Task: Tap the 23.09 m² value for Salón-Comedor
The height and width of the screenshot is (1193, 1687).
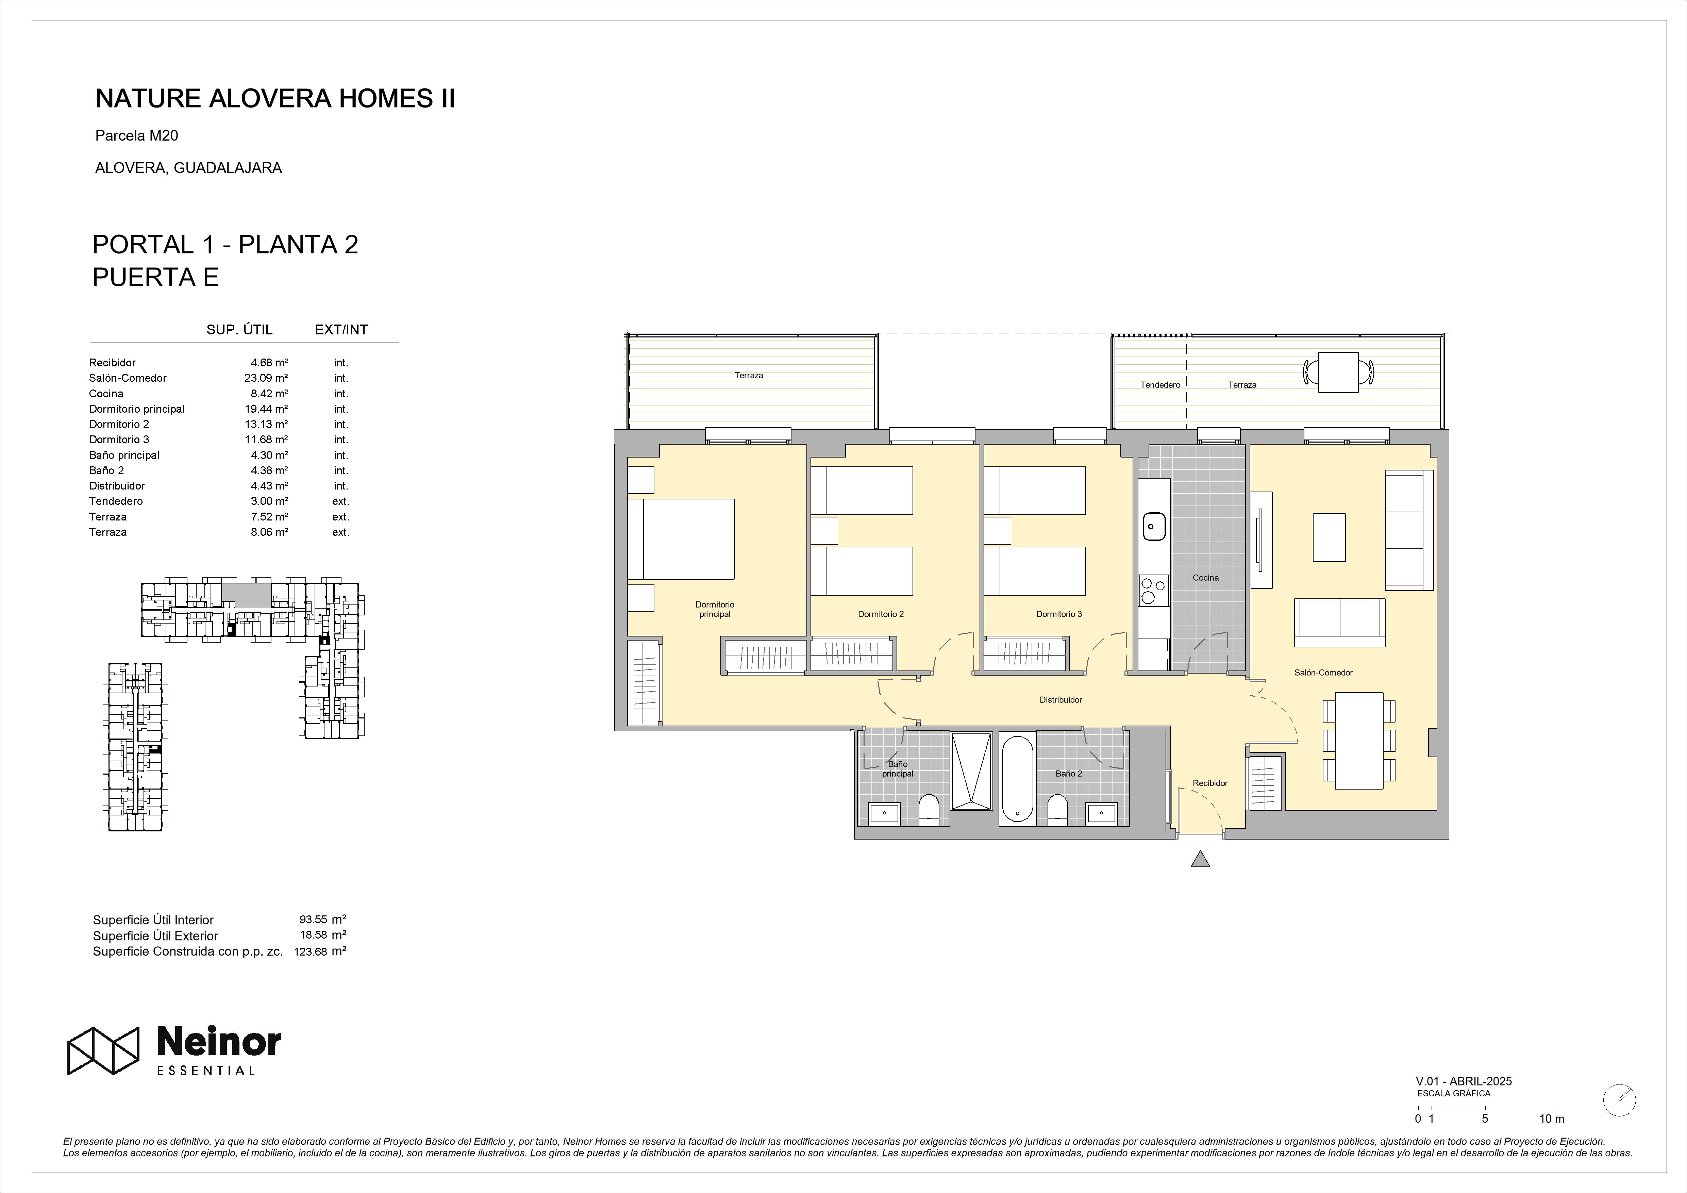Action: (266, 378)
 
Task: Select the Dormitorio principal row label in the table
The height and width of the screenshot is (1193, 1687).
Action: (137, 409)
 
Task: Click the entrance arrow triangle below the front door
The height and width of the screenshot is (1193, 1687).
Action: (1200, 859)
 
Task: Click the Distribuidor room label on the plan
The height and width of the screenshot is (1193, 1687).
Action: (1060, 700)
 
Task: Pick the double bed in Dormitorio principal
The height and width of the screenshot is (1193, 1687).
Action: (681, 539)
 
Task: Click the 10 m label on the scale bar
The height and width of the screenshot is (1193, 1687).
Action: (1552, 1139)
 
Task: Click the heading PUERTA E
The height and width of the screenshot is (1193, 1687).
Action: (156, 277)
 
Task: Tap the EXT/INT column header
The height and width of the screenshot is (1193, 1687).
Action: (341, 330)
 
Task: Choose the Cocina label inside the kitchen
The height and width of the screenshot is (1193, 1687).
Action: (1206, 578)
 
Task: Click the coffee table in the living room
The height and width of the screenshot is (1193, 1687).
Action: (1329, 537)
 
